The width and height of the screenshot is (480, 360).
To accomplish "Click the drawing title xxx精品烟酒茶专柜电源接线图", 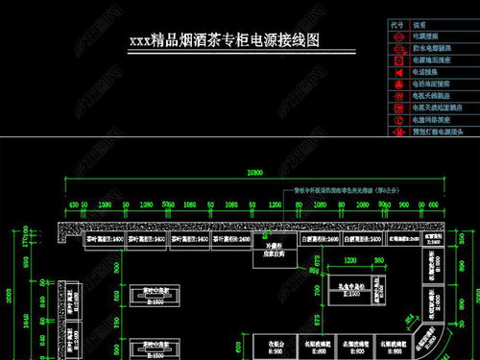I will click(x=223, y=42).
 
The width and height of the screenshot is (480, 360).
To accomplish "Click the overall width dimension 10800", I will click(x=254, y=172).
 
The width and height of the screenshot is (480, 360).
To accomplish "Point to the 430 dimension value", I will click(x=73, y=205).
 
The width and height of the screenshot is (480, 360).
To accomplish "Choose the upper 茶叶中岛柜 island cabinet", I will click(x=149, y=292).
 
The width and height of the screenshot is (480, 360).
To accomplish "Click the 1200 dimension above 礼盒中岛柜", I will click(x=351, y=260).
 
